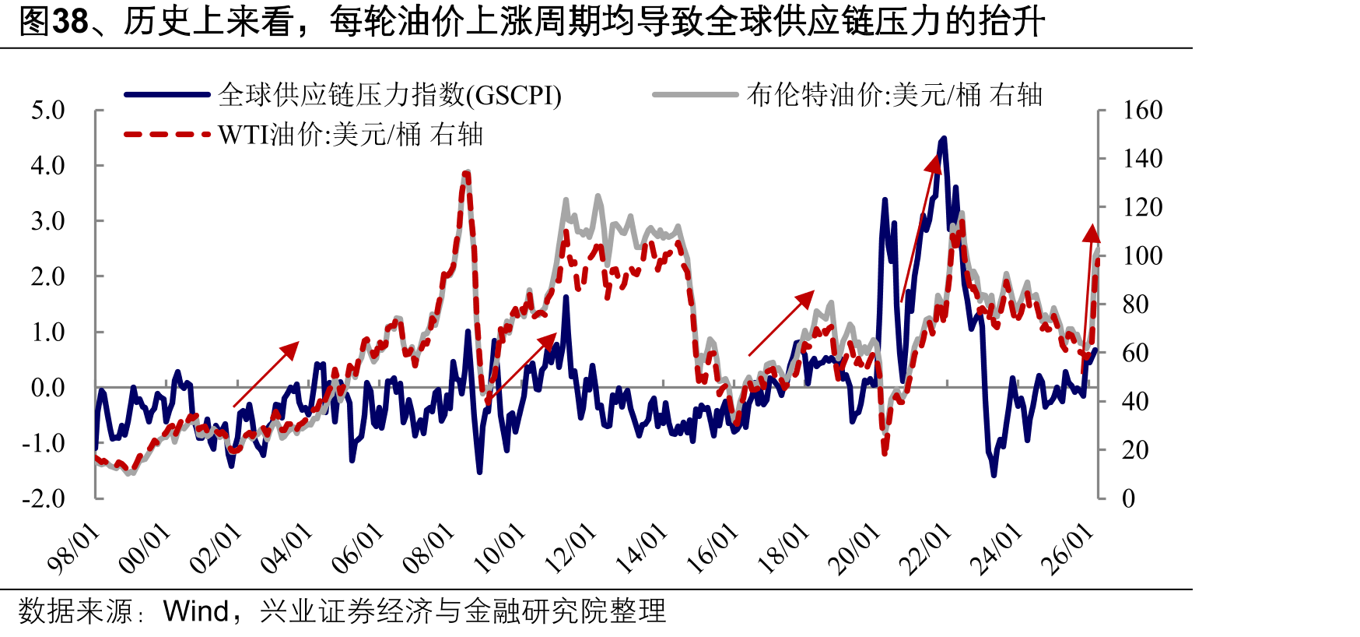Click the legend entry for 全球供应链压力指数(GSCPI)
click(x=343, y=95)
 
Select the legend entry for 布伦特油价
click(x=848, y=95)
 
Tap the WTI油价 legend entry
click(x=303, y=135)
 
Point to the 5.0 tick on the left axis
click(x=48, y=110)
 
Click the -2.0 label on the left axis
click(x=44, y=498)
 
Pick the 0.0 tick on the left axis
click(x=48, y=387)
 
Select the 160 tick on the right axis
click(x=1142, y=110)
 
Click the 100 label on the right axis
click(x=1142, y=255)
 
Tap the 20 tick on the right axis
click(x=1135, y=450)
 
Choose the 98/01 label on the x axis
click(x=74, y=548)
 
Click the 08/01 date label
click(x=429, y=548)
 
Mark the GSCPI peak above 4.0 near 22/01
click(x=944, y=139)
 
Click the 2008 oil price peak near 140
click(x=466, y=173)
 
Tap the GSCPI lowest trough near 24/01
click(x=994, y=473)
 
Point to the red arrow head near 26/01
click(x=1092, y=234)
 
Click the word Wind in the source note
click(x=196, y=611)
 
